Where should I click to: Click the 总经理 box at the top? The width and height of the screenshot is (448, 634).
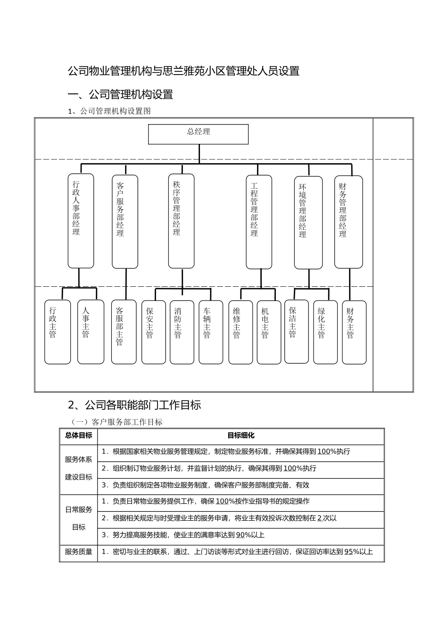coord(198,134)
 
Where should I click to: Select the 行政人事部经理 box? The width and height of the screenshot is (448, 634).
coord(81,221)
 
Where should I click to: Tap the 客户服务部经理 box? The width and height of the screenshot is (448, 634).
coord(125,221)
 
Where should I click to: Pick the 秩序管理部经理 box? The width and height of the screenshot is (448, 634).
coord(181,221)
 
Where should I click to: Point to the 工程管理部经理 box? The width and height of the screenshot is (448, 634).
coord(259,222)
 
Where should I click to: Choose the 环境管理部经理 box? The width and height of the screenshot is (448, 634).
coord(308,223)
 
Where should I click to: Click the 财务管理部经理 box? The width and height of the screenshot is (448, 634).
coord(348,222)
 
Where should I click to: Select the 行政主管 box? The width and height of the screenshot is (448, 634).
coord(58,332)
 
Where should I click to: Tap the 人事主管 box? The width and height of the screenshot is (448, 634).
coord(91,332)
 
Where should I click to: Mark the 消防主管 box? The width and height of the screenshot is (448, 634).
coord(182,332)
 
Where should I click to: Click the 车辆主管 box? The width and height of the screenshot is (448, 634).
coord(210,332)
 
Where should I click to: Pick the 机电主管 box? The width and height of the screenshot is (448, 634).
coord(269,332)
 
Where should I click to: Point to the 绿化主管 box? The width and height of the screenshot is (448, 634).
coord(325,332)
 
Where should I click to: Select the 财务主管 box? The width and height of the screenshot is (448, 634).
coord(354,332)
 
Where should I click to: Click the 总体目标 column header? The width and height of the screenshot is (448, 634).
coord(79,436)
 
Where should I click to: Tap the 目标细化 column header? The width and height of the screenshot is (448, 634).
coord(241,436)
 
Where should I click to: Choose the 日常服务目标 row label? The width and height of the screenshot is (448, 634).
coord(79,518)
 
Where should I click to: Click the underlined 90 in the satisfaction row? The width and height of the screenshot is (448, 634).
coord(240,535)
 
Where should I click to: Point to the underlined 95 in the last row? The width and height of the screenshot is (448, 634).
coord(348,551)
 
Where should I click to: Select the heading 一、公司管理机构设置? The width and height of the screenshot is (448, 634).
coord(121,94)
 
